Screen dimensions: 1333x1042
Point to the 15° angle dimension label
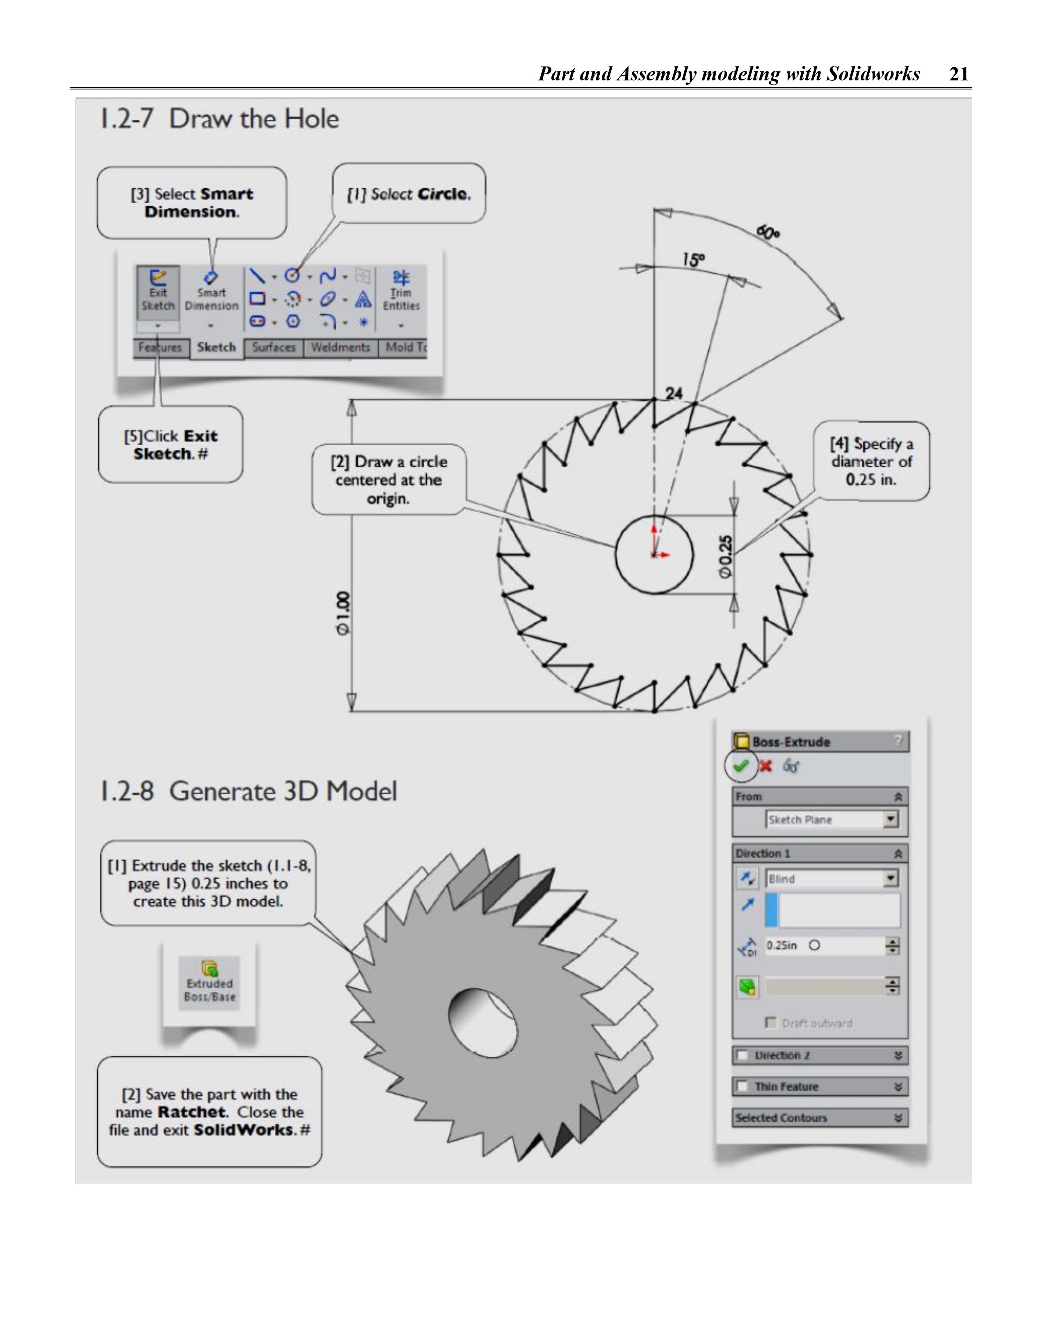point(693,261)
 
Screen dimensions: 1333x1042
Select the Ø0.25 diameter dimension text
point(724,556)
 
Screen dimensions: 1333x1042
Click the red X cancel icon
point(766,766)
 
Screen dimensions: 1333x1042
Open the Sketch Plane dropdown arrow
point(891,819)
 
